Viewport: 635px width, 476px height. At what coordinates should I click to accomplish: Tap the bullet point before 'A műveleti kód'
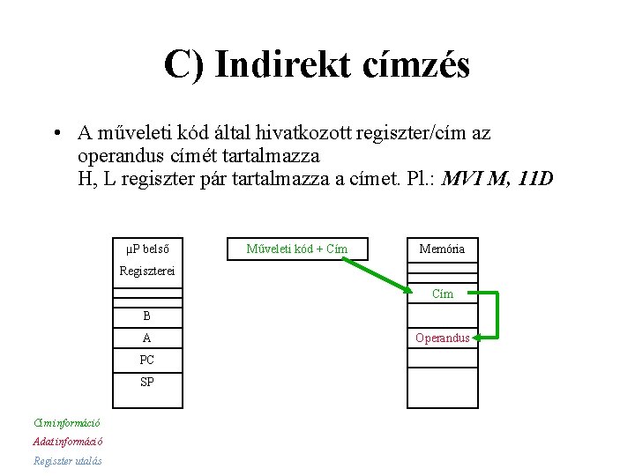(56, 134)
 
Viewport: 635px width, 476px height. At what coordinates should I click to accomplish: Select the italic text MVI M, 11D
(497, 179)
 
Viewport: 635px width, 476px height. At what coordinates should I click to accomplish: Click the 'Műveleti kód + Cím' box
(296, 249)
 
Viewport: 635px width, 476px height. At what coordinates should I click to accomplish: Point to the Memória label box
(442, 249)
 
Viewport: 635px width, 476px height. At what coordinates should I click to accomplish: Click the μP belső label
(146, 249)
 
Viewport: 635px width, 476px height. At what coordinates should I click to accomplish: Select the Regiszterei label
(147, 271)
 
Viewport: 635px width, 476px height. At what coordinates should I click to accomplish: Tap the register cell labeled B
(146, 316)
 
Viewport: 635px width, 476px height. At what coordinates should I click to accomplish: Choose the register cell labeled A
(146, 338)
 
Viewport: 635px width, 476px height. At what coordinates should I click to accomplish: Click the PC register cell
(146, 360)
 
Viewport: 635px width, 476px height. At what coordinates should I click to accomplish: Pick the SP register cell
(146, 382)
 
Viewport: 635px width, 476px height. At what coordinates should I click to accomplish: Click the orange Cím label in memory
(443, 294)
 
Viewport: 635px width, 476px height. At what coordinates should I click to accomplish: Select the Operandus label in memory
(443, 338)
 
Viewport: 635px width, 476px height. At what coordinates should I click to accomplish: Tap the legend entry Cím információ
(67, 422)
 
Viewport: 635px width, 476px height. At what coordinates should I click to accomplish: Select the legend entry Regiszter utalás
(68, 461)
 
